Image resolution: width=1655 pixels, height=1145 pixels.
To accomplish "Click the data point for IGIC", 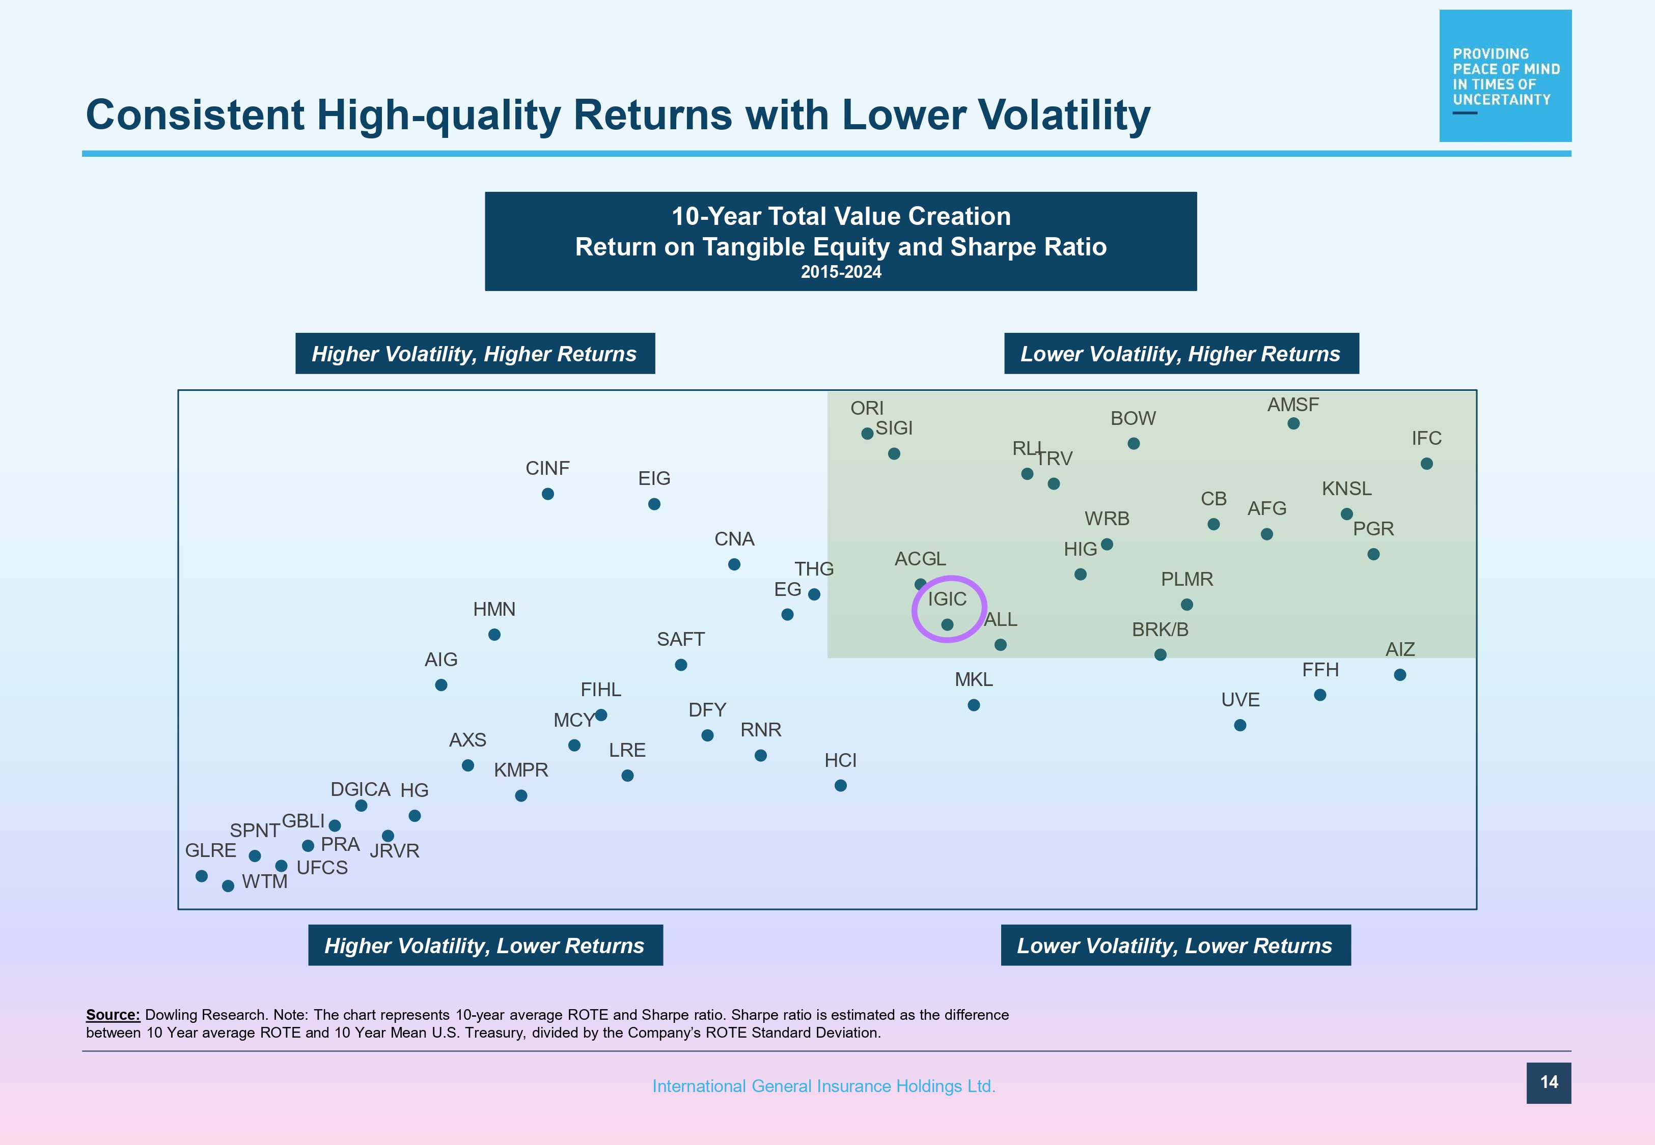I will [x=947, y=625].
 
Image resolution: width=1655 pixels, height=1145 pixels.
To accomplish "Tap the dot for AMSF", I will [x=1293, y=424].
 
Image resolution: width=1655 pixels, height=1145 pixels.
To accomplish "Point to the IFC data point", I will [x=1427, y=464].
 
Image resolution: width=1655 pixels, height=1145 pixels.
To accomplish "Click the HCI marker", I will [x=840, y=786].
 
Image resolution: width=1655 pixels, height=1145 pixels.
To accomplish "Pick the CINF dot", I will [x=547, y=494].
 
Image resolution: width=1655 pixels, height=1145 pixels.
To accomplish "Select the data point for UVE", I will [x=1240, y=725].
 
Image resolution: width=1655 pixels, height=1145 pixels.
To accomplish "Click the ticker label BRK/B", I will [x=1160, y=630].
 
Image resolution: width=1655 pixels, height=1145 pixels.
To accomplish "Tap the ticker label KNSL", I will [x=1346, y=489].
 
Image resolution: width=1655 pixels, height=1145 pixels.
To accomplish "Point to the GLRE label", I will [x=210, y=850].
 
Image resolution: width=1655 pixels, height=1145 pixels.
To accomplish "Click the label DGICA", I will [x=361, y=789].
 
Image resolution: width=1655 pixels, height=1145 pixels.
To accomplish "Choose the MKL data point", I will [x=974, y=705].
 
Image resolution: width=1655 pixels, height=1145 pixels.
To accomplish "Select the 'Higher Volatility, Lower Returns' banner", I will [x=485, y=946].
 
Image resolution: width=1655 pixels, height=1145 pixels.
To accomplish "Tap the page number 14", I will [x=1548, y=1082].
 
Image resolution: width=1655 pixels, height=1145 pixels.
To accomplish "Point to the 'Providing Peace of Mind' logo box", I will [x=1505, y=76].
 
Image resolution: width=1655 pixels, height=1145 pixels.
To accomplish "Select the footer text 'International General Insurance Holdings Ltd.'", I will [x=823, y=1086].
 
